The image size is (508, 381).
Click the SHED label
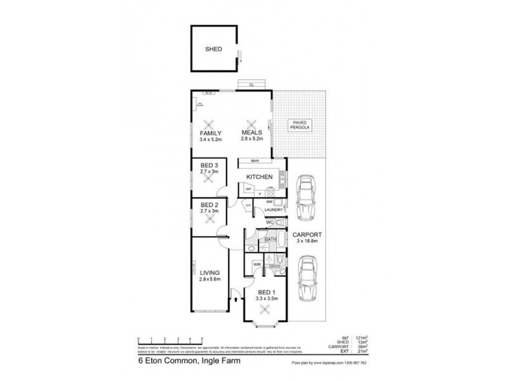pyautogui.click(x=213, y=48)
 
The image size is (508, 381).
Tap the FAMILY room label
pyautogui.click(x=210, y=133)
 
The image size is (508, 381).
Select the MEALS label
pyautogui.click(x=251, y=133)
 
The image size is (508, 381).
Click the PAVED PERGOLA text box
pyautogui.click(x=298, y=126)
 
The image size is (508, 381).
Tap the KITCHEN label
pyautogui.click(x=260, y=177)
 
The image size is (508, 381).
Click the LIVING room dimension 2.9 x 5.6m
pyautogui.click(x=209, y=279)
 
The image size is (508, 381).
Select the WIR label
pyautogui.click(x=258, y=264)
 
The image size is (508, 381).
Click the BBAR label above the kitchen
pyautogui.click(x=254, y=161)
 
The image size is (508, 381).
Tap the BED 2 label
pyautogui.click(x=209, y=205)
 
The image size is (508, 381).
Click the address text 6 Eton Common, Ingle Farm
pyautogui.click(x=174, y=364)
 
